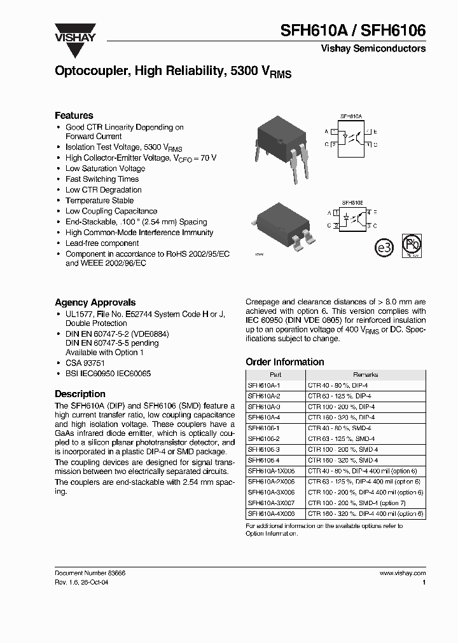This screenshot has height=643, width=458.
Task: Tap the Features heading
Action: coord(74,115)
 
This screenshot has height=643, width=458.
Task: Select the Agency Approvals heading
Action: coord(95,302)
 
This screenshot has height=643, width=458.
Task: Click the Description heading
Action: coord(80,393)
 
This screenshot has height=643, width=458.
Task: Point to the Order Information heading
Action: coord(284,362)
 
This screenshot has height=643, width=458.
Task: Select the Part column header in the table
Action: coord(275,375)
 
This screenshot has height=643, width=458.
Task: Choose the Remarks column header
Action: coord(365,375)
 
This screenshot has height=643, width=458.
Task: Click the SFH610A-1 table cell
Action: coord(263,385)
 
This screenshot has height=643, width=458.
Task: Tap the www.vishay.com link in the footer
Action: coord(402,572)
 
